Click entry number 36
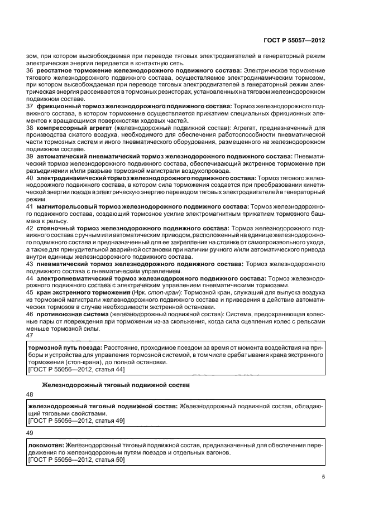pos(30,71)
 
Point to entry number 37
pos(30,105)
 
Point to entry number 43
pos(30,263)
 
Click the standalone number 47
pos(30,335)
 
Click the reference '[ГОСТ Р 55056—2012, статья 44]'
pos(76,369)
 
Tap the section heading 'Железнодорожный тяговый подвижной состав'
pos(117,385)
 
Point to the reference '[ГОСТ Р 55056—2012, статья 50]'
pos(76,459)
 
